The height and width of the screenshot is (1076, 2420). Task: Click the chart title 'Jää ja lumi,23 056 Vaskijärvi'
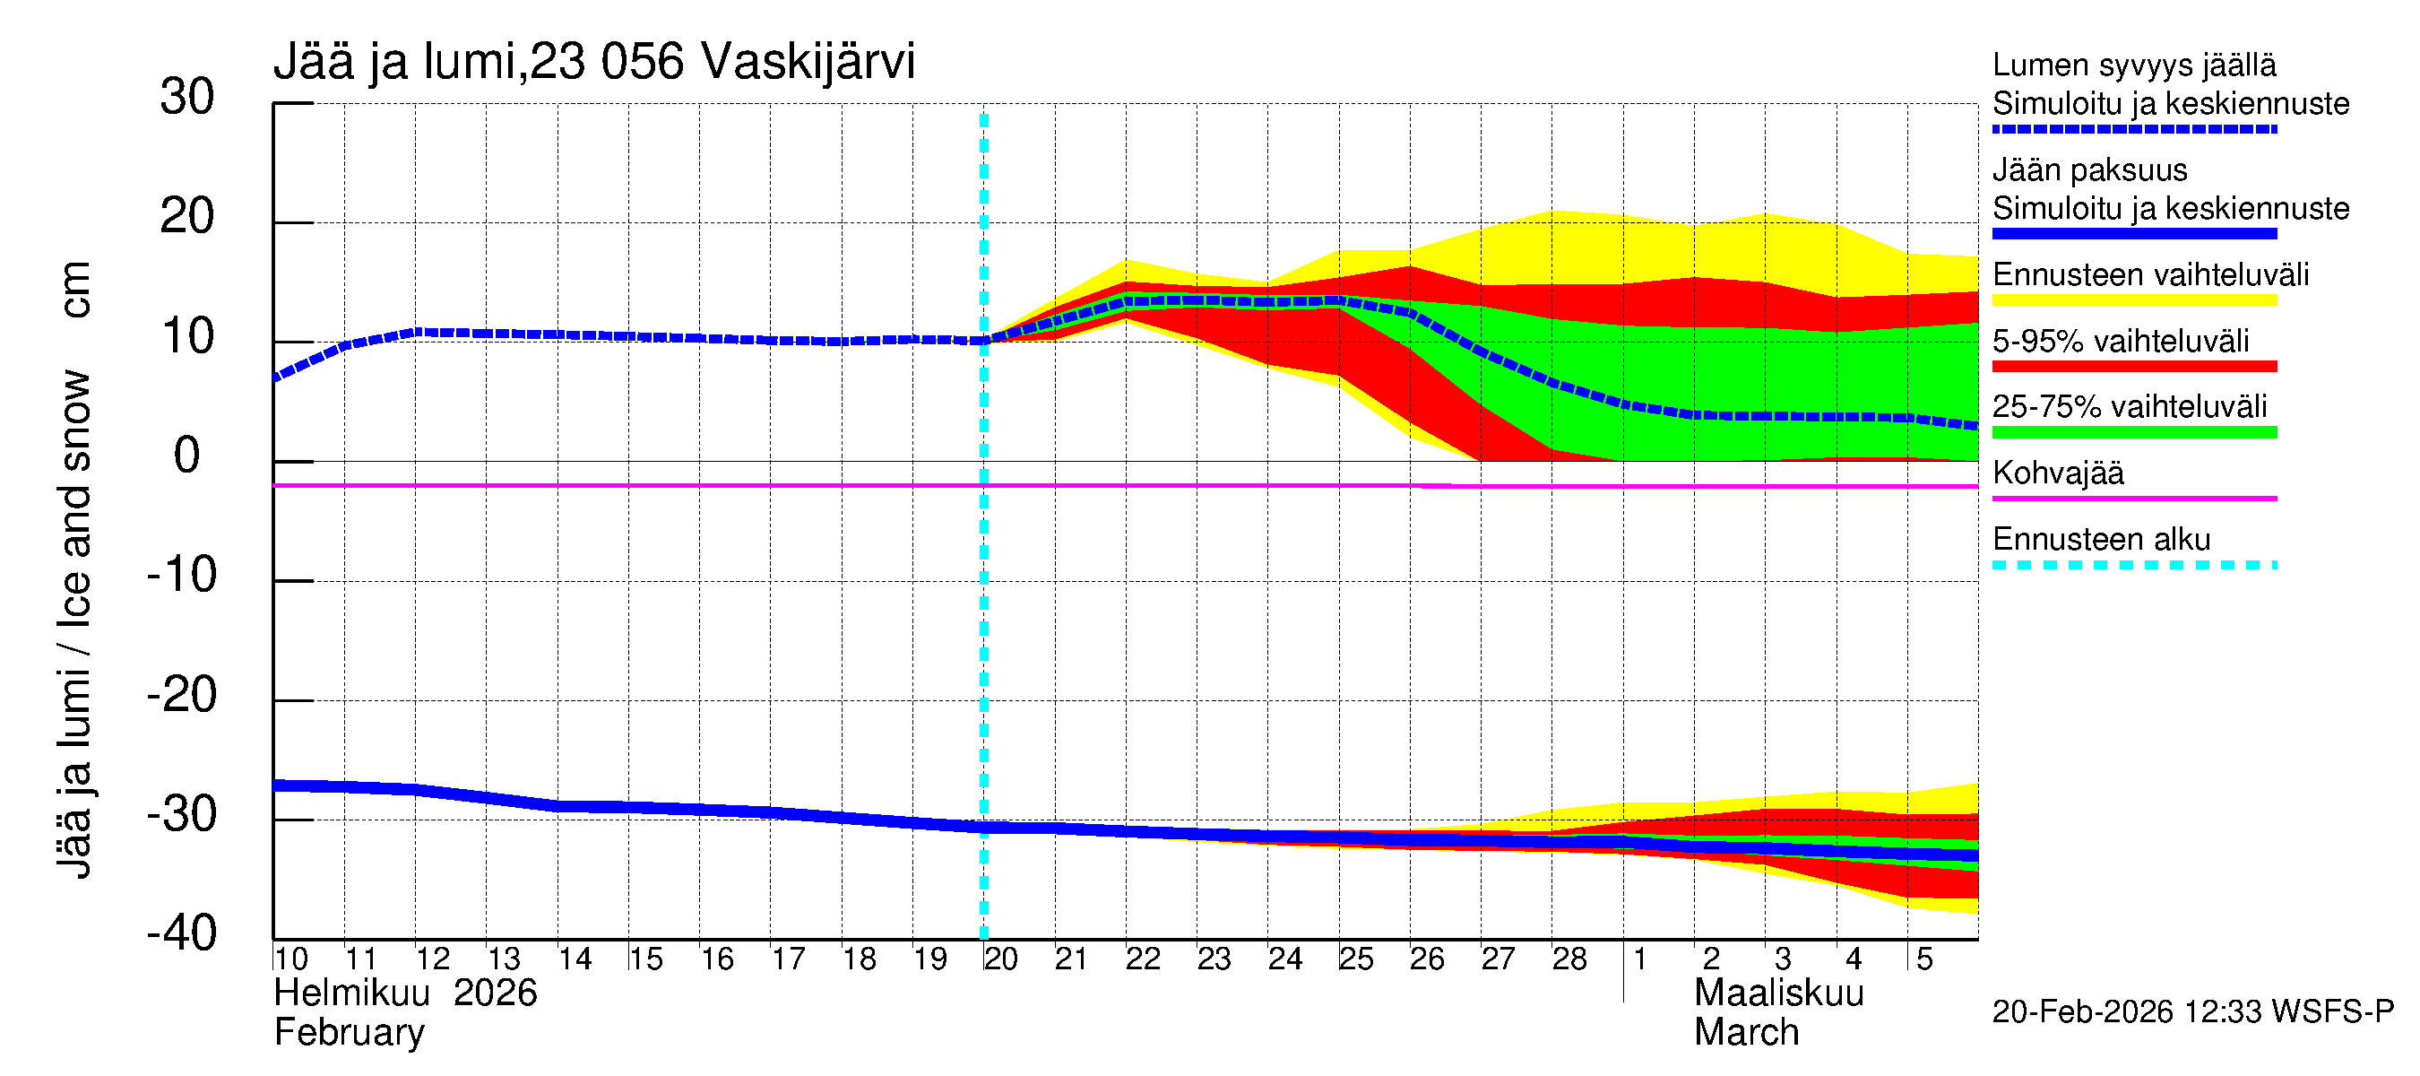pos(593,62)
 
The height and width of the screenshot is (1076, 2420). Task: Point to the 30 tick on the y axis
pos(187,97)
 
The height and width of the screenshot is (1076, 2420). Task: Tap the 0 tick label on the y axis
pos(187,456)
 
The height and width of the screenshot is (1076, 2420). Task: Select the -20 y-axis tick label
pos(182,696)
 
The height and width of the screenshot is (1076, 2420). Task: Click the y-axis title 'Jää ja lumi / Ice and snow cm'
pos(74,569)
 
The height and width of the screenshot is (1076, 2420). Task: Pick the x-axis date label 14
pos(574,959)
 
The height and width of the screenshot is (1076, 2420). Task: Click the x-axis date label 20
pos(1000,959)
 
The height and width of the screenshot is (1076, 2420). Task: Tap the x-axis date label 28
pos(1569,959)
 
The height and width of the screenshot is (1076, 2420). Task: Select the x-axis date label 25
pos(1355,959)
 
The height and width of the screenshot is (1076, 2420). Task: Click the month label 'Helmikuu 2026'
pos(405,994)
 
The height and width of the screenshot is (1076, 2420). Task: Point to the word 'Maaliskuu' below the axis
pos(1778,994)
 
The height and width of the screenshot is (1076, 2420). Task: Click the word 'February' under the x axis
pos(349,1033)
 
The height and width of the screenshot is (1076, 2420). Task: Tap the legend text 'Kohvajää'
pos(2057,473)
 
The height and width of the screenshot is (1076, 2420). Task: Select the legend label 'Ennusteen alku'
pos(2101,540)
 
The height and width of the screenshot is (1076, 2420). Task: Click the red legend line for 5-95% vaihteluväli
pos(2133,367)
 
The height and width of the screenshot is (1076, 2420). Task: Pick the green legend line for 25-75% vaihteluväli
pos(2133,432)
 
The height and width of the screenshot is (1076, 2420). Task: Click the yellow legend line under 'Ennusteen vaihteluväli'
pos(2133,300)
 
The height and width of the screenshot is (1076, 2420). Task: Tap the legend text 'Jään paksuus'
pos(2089,170)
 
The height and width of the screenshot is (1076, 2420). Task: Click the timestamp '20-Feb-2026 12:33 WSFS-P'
pos(2192,1012)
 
